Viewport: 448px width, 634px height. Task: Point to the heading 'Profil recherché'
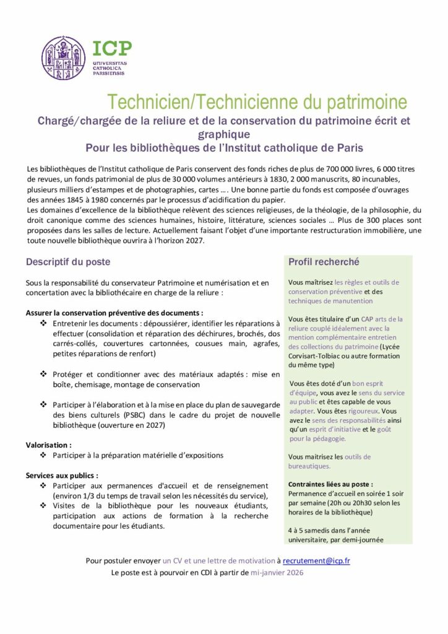pos(324,262)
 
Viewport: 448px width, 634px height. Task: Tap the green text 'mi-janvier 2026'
pos(277,573)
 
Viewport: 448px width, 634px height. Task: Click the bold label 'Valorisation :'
pos(49,445)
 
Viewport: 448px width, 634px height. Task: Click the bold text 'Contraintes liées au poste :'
pos(331,484)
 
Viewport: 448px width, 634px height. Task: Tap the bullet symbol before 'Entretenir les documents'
pos(44,324)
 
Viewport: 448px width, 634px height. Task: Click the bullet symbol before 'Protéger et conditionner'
pos(44,375)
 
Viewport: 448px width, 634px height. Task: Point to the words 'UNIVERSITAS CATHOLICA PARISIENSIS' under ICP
pos(108,67)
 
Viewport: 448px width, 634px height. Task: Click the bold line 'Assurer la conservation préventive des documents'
pos(114,313)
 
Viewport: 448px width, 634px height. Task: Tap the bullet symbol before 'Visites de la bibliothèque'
pos(44,506)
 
